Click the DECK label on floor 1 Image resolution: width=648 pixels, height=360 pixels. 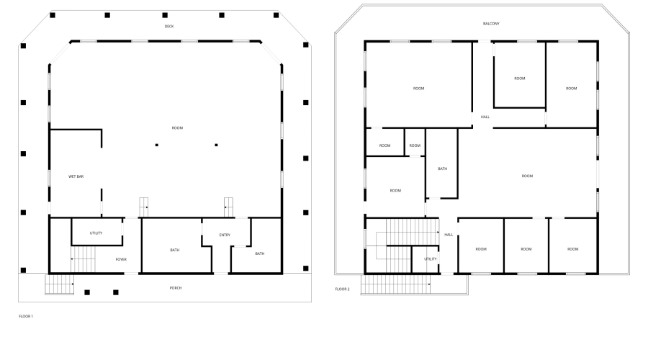pyautogui.click(x=169, y=27)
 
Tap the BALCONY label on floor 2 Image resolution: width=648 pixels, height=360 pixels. pyautogui.click(x=491, y=24)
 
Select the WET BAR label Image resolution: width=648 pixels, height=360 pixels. pyautogui.click(x=76, y=176)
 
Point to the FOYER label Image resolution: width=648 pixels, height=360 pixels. pyautogui.click(x=121, y=258)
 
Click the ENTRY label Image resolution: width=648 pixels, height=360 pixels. pyautogui.click(x=225, y=235)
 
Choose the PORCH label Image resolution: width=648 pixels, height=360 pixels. pyautogui.click(x=176, y=288)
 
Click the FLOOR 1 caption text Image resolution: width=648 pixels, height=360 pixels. pyautogui.click(x=26, y=316)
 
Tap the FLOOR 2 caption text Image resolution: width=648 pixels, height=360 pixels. pyautogui.click(x=342, y=289)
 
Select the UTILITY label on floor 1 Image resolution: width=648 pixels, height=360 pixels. pyautogui.click(x=96, y=233)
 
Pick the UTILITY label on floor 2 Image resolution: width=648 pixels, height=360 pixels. pyautogui.click(x=430, y=258)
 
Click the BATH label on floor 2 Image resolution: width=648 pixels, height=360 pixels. pyautogui.click(x=442, y=169)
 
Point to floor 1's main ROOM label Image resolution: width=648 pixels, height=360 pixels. pyautogui.click(x=177, y=128)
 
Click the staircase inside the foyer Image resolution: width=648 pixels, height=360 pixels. pyautogui.click(x=83, y=258)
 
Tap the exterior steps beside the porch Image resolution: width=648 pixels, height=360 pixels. pyautogui.click(x=60, y=285)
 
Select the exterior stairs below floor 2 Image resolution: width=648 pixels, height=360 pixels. pyautogui.click(x=389, y=284)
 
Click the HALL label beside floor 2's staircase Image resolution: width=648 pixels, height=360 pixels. pyautogui.click(x=449, y=235)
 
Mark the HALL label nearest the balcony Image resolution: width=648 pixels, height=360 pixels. pyautogui.click(x=485, y=117)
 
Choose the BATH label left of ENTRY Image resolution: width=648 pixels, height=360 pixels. pyautogui.click(x=175, y=251)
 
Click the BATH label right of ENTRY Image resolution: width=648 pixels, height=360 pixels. pyautogui.click(x=259, y=253)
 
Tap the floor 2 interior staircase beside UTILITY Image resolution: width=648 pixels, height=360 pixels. pyautogui.click(x=403, y=234)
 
